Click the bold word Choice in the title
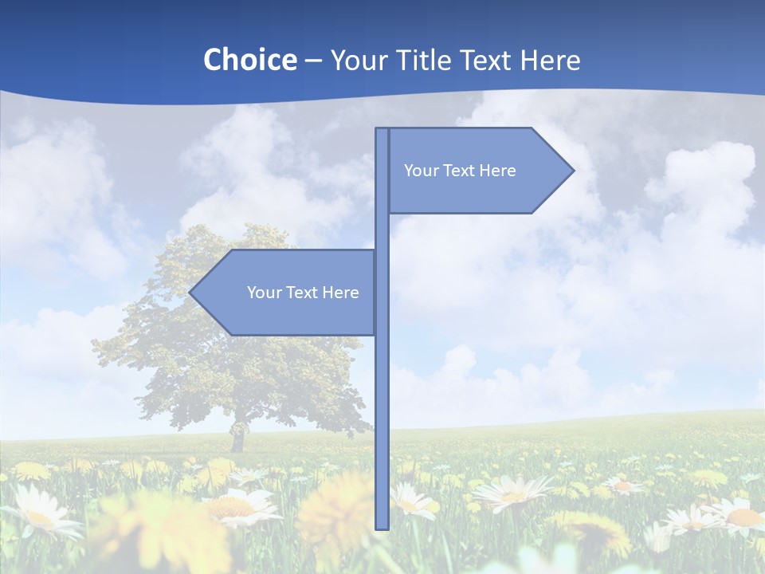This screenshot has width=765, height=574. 249,60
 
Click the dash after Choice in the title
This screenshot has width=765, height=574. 313,61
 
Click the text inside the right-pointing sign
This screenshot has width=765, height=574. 460,171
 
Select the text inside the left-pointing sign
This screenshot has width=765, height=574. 303,293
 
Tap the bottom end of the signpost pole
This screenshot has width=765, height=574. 382,526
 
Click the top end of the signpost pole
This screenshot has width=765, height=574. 382,130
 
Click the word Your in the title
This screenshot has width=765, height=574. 358,60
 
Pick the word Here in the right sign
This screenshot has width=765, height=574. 498,171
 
